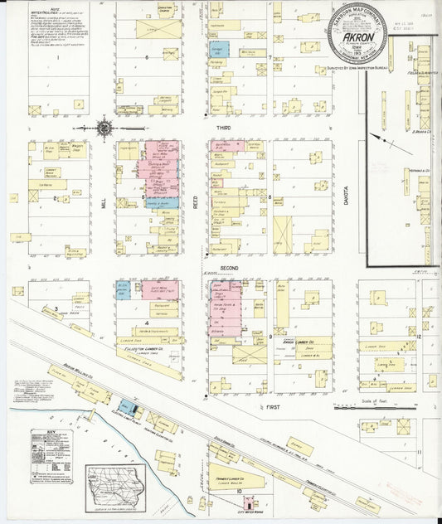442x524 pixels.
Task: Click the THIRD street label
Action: [x=223, y=129]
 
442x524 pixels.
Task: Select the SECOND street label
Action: [x=229, y=268]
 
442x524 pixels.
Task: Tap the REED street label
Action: [x=197, y=200]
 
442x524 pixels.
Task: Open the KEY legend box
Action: [x=51, y=456]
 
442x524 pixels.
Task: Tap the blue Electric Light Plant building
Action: [x=128, y=406]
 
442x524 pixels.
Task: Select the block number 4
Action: [x=147, y=323]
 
